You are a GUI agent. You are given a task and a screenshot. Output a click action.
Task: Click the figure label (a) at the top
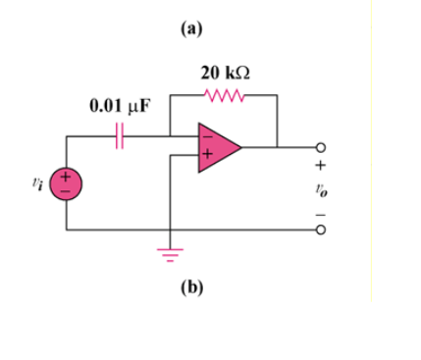pos(190,28)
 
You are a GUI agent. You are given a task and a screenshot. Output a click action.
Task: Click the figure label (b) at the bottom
pos(190,287)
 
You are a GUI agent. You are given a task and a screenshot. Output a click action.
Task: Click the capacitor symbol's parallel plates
pos(120,137)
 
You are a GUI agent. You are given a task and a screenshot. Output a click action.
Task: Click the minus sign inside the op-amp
pos(206,137)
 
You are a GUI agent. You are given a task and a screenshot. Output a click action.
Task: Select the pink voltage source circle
pos(68,184)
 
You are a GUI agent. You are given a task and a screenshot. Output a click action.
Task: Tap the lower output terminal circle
pos(317,231)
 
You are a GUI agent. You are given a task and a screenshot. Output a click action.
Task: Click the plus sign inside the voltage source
pos(68,178)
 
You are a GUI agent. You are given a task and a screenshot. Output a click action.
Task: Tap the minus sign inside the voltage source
pos(68,191)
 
